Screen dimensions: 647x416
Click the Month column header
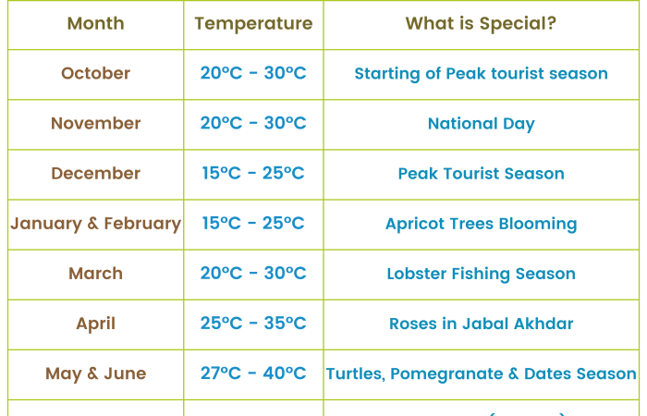tap(96, 23)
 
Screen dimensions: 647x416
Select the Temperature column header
tap(253, 24)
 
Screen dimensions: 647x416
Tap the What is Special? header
tap(481, 23)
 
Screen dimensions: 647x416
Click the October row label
tap(96, 73)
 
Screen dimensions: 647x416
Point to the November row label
tap(96, 123)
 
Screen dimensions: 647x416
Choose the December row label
tap(96, 174)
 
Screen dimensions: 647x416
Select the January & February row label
tap(96, 224)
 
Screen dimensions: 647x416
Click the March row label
tap(96, 274)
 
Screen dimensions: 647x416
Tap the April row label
tap(96, 324)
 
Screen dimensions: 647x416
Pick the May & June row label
tap(96, 373)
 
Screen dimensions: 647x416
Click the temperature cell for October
tap(253, 73)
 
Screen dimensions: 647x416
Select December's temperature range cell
tap(253, 173)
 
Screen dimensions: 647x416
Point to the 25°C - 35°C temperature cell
tap(253, 324)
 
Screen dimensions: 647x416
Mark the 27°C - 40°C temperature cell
tap(253, 373)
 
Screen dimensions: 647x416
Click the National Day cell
tap(482, 124)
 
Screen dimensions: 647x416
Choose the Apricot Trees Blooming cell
tap(482, 224)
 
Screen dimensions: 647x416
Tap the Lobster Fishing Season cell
tap(482, 274)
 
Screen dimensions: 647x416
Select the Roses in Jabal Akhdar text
tap(482, 324)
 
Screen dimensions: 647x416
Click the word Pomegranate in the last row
tap(446, 374)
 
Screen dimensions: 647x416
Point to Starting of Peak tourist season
tap(482, 74)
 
